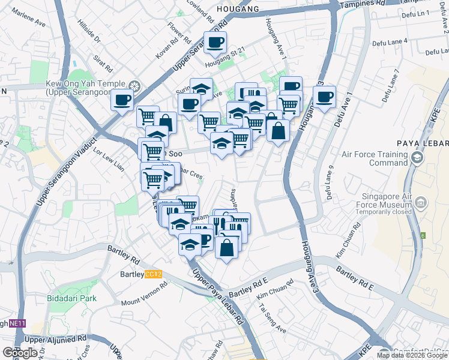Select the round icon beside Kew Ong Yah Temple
[x=135, y=86]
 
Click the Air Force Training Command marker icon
[x=417, y=158]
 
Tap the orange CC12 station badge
[x=154, y=274]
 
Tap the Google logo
[x=20, y=353]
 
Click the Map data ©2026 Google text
[x=411, y=355]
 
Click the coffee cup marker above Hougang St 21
[x=215, y=43]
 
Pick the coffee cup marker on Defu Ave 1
[x=324, y=97]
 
